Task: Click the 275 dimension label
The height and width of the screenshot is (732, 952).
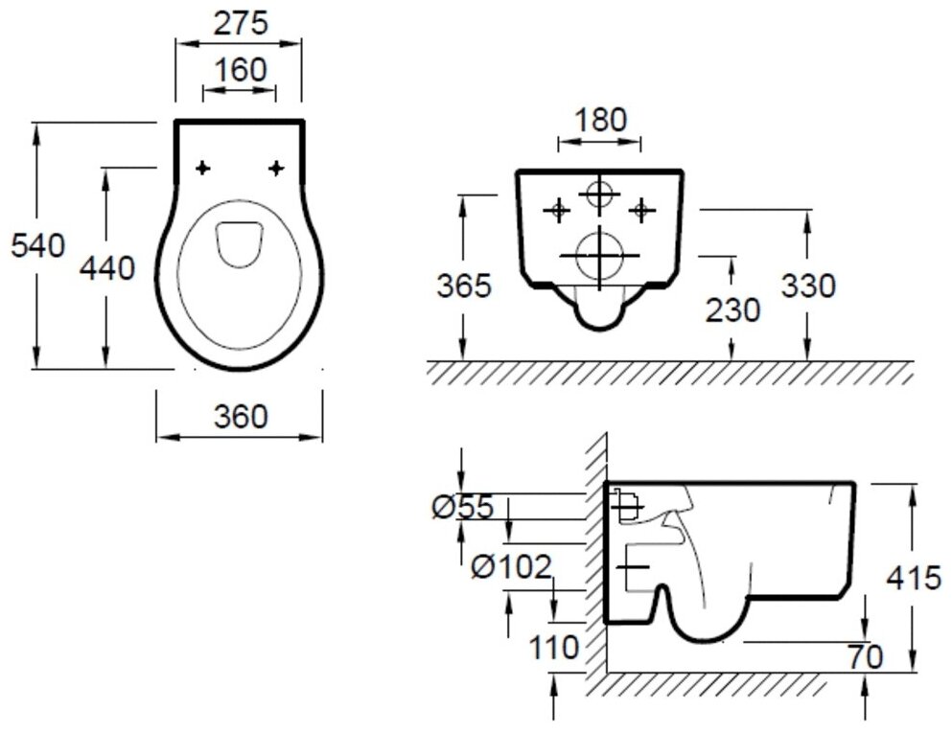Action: [240, 23]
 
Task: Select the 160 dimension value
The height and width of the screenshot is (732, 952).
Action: [240, 71]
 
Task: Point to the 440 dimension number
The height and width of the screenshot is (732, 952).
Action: [106, 269]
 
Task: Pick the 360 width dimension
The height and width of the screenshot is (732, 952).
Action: [240, 417]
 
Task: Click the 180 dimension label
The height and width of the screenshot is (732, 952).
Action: [600, 121]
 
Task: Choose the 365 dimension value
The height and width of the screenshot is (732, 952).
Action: [464, 286]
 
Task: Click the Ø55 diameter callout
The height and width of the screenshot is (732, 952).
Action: [462, 507]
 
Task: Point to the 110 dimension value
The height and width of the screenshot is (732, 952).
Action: [555, 648]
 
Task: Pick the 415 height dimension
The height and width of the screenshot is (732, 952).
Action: [914, 580]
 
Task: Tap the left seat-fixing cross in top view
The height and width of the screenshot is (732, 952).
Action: [202, 169]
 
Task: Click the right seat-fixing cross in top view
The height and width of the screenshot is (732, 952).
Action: [276, 169]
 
